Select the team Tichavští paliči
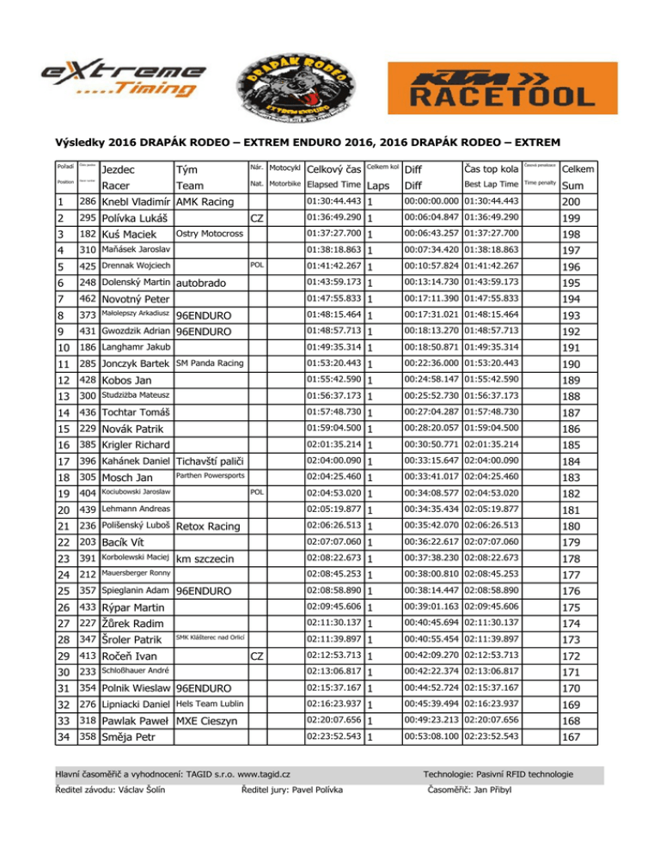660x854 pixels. tap(212, 461)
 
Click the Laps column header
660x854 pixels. tap(378, 185)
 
